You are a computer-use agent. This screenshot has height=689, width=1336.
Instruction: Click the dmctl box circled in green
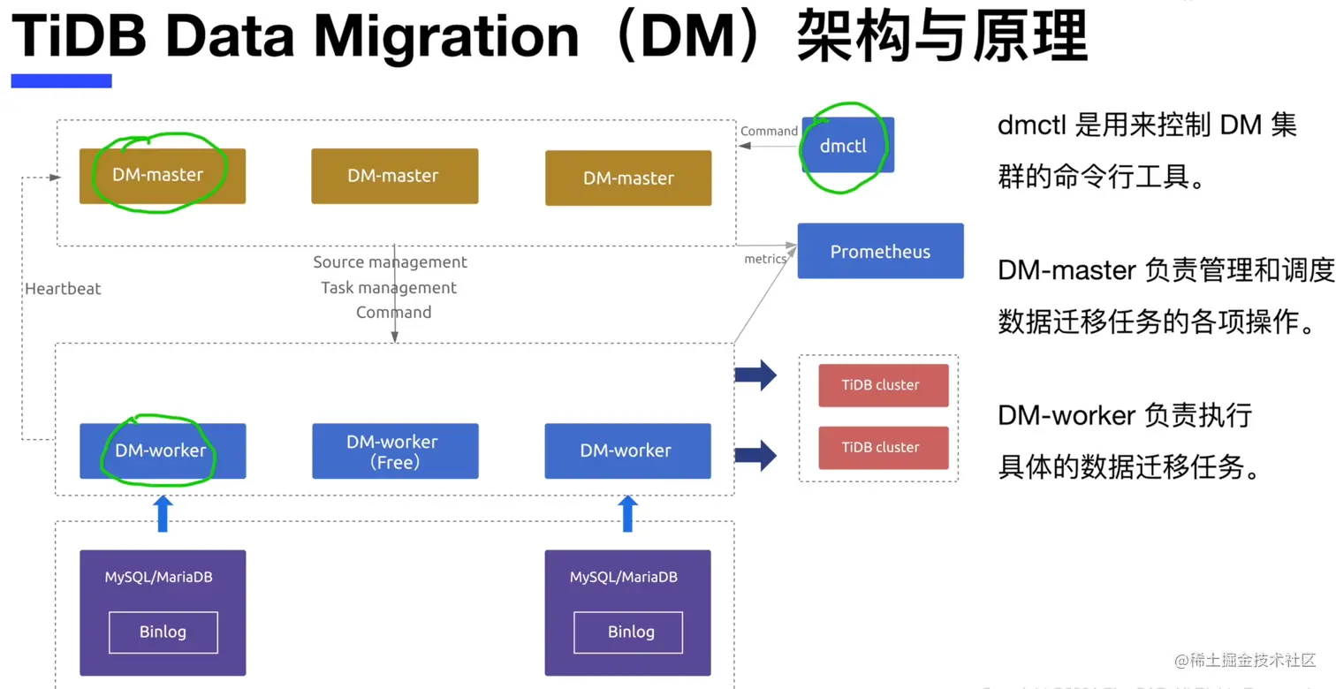(x=847, y=146)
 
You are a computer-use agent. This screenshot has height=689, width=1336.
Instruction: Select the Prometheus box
(x=880, y=252)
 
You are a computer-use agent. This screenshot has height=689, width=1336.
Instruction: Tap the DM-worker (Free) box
(x=395, y=451)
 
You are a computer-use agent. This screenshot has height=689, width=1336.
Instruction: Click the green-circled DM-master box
(x=163, y=176)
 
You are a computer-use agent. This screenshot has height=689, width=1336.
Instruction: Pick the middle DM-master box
(x=394, y=176)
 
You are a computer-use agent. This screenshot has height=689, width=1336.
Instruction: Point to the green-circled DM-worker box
(x=163, y=450)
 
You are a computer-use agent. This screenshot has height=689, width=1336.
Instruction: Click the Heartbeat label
(x=63, y=289)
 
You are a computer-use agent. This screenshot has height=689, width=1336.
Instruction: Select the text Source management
(x=390, y=262)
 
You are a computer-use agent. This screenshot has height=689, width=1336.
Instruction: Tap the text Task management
(x=389, y=288)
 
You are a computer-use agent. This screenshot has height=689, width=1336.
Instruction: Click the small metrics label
(x=765, y=259)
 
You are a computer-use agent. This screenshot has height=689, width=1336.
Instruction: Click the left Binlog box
(x=163, y=632)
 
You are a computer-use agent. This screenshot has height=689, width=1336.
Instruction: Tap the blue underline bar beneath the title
(x=61, y=81)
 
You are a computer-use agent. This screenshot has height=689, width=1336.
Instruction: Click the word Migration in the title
(x=446, y=36)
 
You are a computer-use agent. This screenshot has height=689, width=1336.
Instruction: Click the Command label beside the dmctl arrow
(x=769, y=132)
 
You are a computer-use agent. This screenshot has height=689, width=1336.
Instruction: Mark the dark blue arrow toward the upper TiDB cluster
(x=755, y=375)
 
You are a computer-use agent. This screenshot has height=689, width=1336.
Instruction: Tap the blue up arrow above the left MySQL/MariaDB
(x=163, y=513)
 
